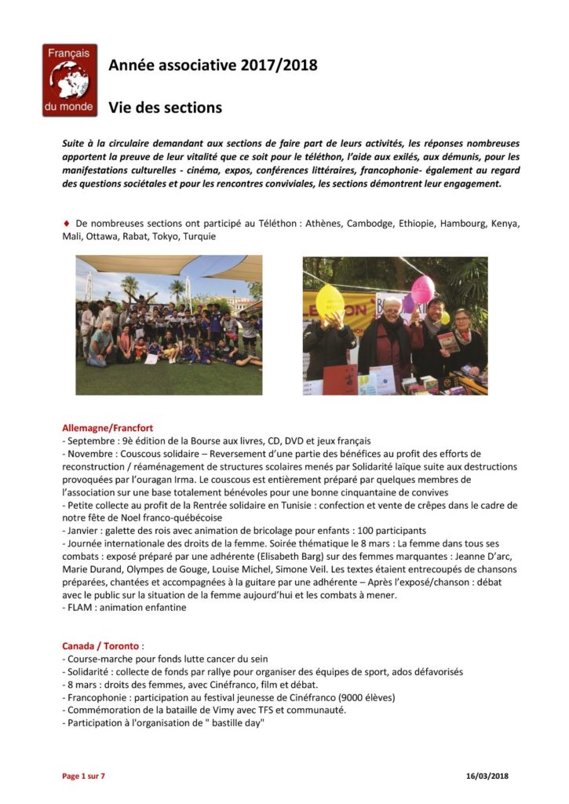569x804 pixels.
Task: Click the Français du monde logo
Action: [70, 80]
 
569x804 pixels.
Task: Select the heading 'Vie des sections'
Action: [165, 107]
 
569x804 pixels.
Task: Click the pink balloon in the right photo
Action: [422, 289]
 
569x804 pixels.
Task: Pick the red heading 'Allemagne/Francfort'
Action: [108, 428]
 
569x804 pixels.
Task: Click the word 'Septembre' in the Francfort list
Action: [90, 440]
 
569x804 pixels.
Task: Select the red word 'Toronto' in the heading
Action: [119, 646]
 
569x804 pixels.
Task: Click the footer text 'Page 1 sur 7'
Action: [83, 777]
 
